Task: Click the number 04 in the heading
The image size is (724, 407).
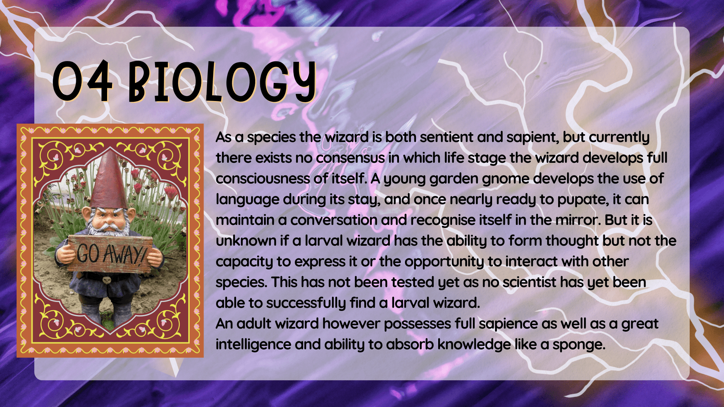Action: point(83,82)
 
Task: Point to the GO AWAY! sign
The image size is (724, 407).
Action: point(110,254)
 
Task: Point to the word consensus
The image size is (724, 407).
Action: point(350,158)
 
